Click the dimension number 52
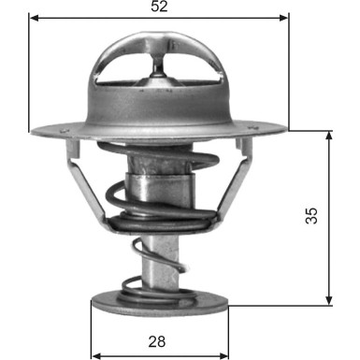(x=158, y=7)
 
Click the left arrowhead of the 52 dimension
(x=34, y=18)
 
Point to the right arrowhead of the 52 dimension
(x=284, y=18)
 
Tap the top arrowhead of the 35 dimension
(x=329, y=136)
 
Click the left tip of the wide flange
(x=31, y=129)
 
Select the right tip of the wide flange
(x=287, y=129)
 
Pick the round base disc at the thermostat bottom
(x=158, y=305)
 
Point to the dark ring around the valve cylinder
(x=158, y=223)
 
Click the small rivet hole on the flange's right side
(x=241, y=142)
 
